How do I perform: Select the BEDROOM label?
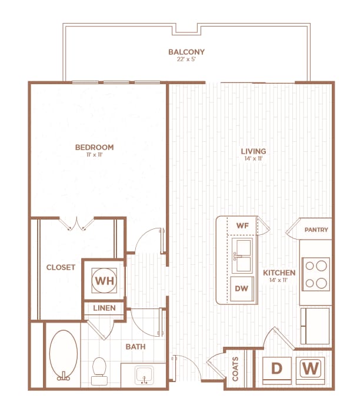(94, 147)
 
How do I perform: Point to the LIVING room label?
(254, 151)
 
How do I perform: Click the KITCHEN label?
(279, 273)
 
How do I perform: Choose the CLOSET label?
(61, 267)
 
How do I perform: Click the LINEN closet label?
(104, 308)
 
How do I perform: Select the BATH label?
(135, 347)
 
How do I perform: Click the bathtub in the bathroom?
(63, 356)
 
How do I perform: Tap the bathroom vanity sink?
(144, 374)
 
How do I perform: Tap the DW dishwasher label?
(242, 288)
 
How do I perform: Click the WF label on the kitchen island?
(242, 225)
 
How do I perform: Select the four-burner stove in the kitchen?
(316, 274)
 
